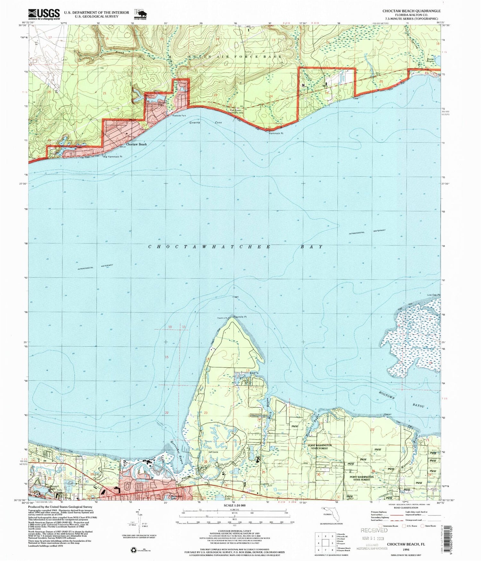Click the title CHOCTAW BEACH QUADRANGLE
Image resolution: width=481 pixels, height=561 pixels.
[411, 11]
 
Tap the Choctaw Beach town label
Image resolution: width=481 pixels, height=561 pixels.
[136, 144]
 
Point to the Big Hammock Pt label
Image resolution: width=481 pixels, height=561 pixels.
[113, 157]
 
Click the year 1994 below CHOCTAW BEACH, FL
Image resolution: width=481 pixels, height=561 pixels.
[406, 549]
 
